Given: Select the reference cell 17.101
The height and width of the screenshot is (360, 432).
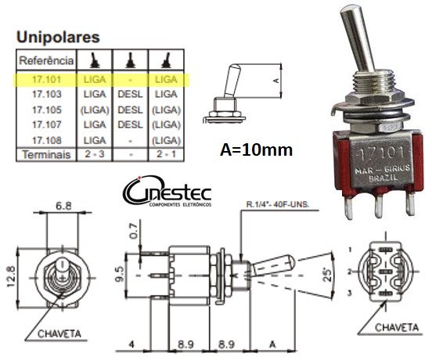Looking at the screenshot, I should click(46, 80).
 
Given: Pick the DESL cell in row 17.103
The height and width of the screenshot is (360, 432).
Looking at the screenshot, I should click(130, 94).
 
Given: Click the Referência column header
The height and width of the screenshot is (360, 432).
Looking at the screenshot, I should click(46, 60).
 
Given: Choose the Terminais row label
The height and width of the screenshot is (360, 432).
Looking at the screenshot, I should click(46, 154).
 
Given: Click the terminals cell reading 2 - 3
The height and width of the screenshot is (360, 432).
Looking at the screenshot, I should click(94, 154).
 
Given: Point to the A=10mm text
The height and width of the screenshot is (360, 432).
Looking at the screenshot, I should click(255, 149).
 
